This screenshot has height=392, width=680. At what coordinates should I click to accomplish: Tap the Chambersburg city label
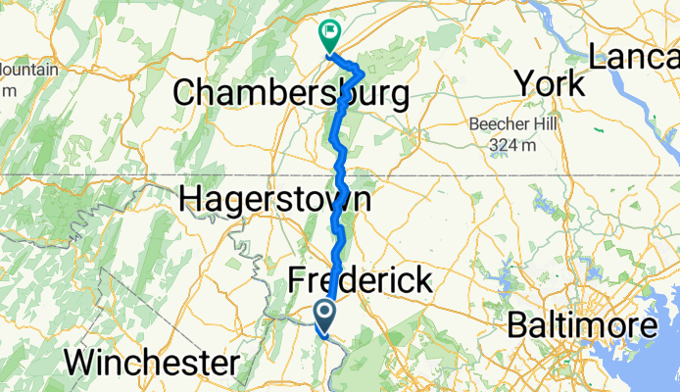[x=291, y=94]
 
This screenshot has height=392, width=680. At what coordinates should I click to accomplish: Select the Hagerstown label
[x=275, y=200]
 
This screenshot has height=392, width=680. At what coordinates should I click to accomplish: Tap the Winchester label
[x=151, y=363]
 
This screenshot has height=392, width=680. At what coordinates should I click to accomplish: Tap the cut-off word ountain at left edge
[x=29, y=71]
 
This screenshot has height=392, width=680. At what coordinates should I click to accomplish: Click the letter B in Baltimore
[x=519, y=325]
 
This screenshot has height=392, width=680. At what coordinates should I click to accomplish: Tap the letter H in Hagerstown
[x=191, y=200]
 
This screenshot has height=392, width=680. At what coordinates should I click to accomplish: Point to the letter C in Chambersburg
[x=185, y=94]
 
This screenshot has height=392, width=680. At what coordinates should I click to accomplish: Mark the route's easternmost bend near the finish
[x=363, y=73]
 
